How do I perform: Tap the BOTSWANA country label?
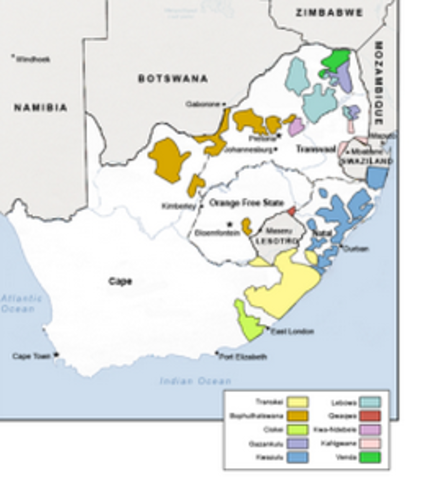click(x=172, y=77)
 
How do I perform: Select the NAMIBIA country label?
click(x=40, y=107)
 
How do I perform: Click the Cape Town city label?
click(x=31, y=356)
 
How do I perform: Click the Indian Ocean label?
click(x=195, y=381)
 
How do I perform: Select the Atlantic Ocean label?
click(x=21, y=304)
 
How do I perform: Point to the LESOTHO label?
click(x=276, y=242)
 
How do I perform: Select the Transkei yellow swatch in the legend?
click(x=297, y=402)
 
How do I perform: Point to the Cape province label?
click(x=120, y=282)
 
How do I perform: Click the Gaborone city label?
click(x=202, y=103)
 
